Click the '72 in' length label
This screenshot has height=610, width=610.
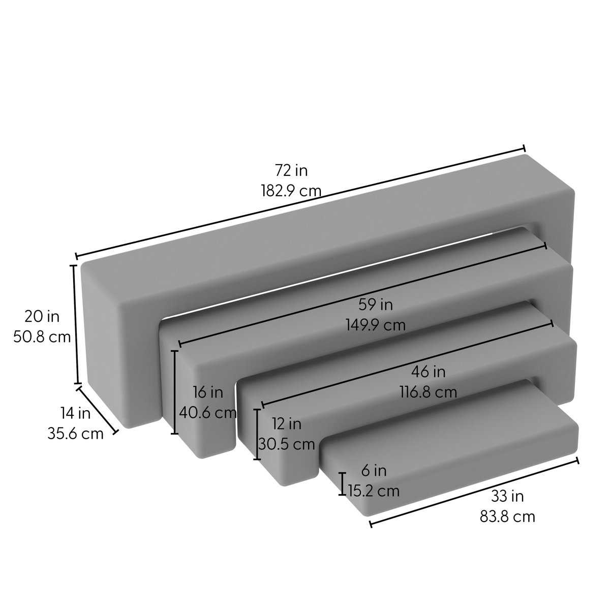291,170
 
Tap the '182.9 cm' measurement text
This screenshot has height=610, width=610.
291,191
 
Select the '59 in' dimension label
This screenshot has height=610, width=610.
376,304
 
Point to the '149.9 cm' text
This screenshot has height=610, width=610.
376,324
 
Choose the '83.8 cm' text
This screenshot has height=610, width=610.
507,516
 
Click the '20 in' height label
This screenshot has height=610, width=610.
42,317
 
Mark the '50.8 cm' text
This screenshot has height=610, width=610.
42,337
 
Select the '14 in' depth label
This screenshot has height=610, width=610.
75,413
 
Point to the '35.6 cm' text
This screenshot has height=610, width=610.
75,434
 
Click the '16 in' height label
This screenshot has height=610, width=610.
208,392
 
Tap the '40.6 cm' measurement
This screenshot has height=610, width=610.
208,412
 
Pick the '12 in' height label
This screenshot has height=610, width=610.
286,423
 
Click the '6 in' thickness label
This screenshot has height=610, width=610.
373,471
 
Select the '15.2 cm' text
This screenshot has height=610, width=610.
374,491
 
